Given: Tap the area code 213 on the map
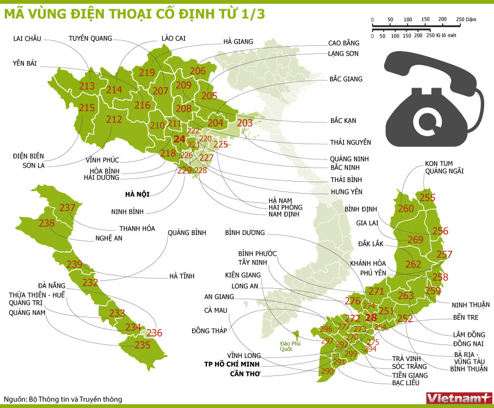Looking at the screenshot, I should click(x=87, y=86).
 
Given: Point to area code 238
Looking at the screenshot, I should click(x=47, y=223).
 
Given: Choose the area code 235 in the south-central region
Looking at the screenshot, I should click(x=142, y=345).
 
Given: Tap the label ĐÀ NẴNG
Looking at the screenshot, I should click(x=52, y=286).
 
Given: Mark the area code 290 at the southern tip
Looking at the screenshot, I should click(x=327, y=371).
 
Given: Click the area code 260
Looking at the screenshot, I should click(x=406, y=208).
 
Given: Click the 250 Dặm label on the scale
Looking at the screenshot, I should click(x=466, y=19).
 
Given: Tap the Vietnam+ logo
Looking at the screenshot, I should click(x=459, y=398).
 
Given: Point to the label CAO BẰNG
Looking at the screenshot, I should click(x=344, y=43).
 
